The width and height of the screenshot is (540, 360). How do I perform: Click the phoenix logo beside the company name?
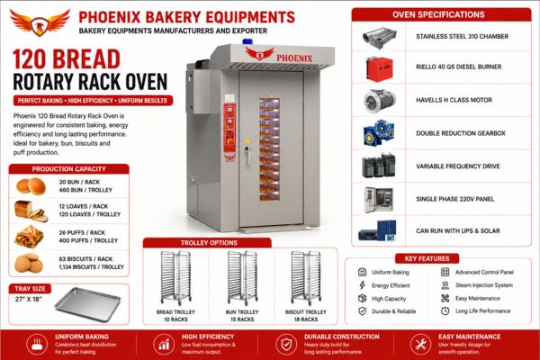40,22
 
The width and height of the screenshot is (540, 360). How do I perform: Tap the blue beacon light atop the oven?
247,41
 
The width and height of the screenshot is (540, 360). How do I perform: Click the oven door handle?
247,152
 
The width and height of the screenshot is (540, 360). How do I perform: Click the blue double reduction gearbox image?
379,133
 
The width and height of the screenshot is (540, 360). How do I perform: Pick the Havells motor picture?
379,101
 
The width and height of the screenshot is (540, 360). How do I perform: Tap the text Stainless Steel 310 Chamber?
462,36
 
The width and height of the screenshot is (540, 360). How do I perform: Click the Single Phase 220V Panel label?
454,199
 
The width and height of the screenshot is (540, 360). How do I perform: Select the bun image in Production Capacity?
31,186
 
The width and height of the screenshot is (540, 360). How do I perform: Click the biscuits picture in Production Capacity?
29,263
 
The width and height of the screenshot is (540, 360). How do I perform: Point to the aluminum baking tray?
88,304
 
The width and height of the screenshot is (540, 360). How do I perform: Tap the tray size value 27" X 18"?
28,299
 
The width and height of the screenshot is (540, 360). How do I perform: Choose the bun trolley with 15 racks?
242,278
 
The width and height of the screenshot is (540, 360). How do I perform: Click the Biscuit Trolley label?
305,311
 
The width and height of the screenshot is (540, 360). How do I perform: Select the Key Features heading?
427,258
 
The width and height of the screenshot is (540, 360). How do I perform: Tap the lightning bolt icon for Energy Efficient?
362,285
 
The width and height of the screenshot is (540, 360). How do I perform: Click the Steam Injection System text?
484,285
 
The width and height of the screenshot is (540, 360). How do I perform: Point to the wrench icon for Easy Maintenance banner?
420,344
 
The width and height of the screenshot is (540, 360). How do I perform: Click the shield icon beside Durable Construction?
286,344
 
